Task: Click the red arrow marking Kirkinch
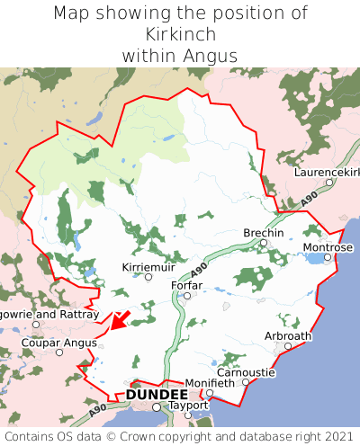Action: pos(120,320)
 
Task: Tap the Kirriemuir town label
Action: pos(149,267)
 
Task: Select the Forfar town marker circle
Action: pos(187,296)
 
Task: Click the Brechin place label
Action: pos(264,233)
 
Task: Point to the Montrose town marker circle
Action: pos(328,257)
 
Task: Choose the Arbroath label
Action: pos(288,336)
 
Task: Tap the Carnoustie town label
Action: pos(246,371)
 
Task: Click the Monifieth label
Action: pos(209,383)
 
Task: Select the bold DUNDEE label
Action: pos(157,395)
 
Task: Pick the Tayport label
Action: pos(188,406)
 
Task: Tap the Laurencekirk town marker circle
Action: pos(329,182)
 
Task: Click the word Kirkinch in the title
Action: pos(180,34)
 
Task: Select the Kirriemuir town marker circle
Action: pos(148,277)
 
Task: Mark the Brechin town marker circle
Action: pos(264,243)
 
